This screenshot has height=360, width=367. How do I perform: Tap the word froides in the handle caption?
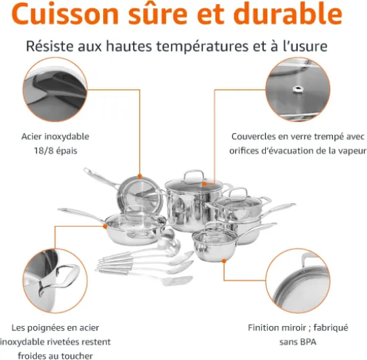(33, 356)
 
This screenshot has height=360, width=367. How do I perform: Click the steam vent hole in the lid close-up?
(298, 89)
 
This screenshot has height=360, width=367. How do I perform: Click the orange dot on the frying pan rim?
(140, 176)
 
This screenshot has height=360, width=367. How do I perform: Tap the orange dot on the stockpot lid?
(205, 184)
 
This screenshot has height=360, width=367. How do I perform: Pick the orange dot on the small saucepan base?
(224, 261)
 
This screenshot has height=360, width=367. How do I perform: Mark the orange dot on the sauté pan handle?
(105, 226)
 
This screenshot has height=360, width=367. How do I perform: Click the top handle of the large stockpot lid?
(193, 175)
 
